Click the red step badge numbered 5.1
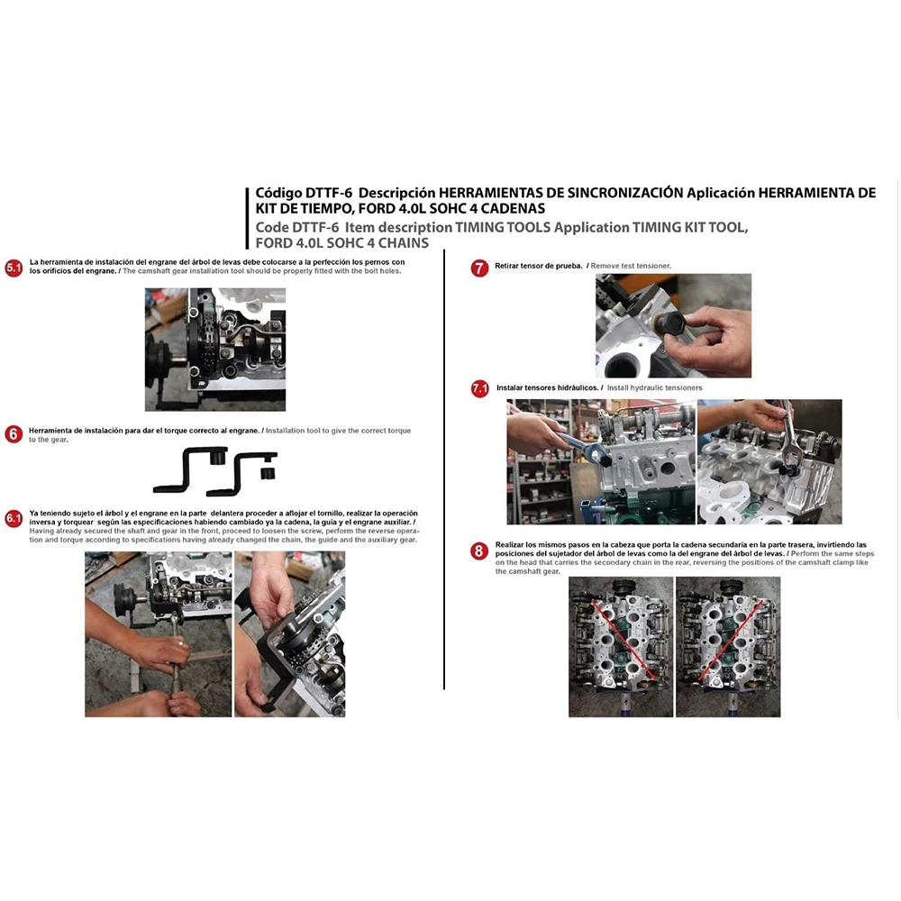[x=14, y=268]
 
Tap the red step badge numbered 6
[x=14, y=434]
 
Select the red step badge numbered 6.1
[x=14, y=518]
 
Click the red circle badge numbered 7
[x=479, y=268]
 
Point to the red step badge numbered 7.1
[x=480, y=388]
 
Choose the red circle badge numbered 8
[x=479, y=551]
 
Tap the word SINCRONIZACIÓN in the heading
[x=625, y=193]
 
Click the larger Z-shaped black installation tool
[x=190, y=470]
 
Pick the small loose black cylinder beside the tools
[x=268, y=474]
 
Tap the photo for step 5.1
[x=215, y=350]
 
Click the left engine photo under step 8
[x=621, y=647]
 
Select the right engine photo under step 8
[x=728, y=647]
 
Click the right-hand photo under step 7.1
[x=769, y=462]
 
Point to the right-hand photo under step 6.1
[x=290, y=634]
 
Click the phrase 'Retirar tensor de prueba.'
[x=539, y=266]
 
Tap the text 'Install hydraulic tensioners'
[x=654, y=387]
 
